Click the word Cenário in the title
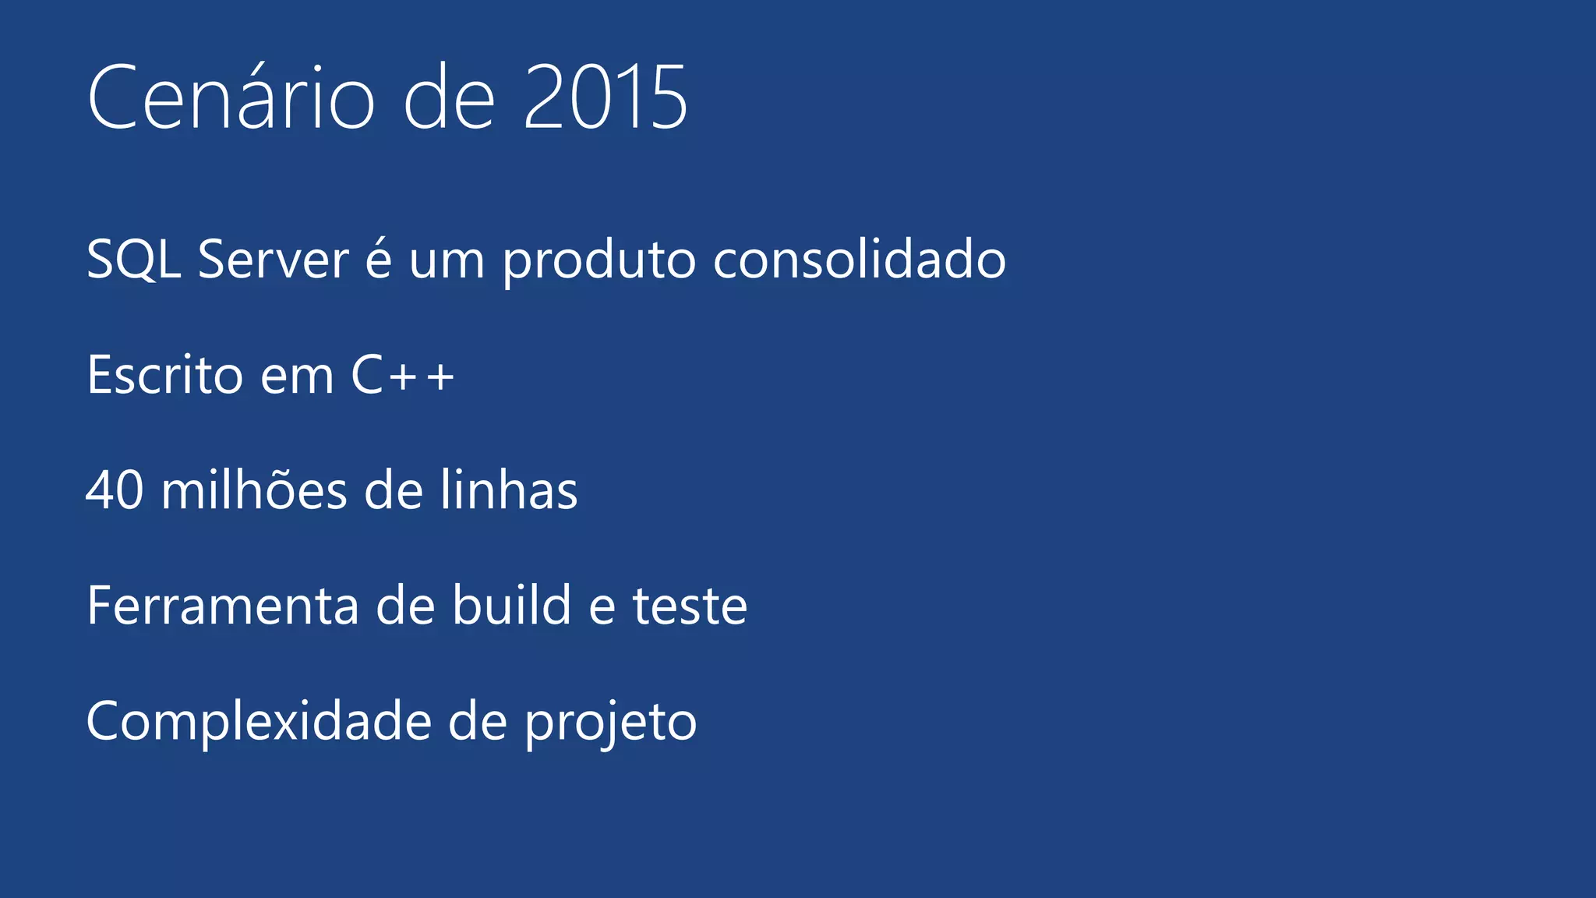231,98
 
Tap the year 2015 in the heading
606,98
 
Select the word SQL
133,260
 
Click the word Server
273,260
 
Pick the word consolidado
860,260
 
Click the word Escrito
165,375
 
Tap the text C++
402,375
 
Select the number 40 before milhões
115,490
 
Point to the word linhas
509,490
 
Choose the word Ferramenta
223,606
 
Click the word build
512,606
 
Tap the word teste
690,606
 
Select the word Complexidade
259,722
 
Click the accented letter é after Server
379,260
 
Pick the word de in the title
450,98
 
